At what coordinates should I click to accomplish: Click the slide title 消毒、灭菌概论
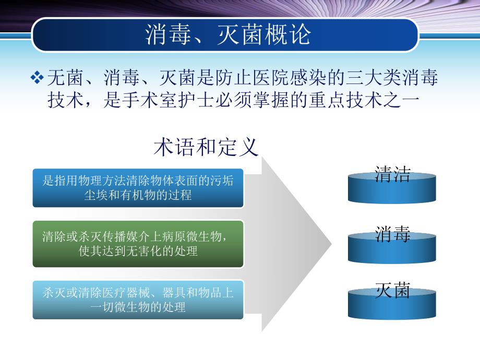click(x=228, y=34)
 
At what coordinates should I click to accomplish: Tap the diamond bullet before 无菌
click(x=37, y=78)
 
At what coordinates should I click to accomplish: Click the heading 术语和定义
click(x=206, y=147)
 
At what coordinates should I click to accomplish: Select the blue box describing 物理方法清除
click(x=138, y=188)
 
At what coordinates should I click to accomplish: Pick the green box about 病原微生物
click(x=138, y=244)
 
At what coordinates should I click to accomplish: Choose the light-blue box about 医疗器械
click(x=138, y=299)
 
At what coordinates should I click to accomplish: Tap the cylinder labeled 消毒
click(x=392, y=245)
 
